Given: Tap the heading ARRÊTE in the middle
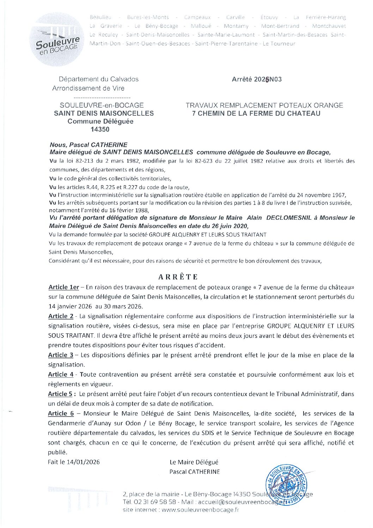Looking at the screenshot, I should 178,277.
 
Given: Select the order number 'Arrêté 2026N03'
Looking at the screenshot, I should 257,79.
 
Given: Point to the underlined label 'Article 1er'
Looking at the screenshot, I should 64,287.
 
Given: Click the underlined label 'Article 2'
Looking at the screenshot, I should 61,316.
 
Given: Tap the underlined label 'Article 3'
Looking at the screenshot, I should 61,355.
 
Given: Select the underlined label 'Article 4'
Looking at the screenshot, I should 61,375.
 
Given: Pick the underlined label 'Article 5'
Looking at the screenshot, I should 60,394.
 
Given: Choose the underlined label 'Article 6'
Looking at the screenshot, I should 61,413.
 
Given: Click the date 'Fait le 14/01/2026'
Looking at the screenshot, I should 74,462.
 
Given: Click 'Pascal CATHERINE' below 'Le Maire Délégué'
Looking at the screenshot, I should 194,472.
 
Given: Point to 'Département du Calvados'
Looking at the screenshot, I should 99,79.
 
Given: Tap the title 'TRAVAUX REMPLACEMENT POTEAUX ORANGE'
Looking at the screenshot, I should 264,105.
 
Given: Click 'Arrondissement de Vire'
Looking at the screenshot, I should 88,88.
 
